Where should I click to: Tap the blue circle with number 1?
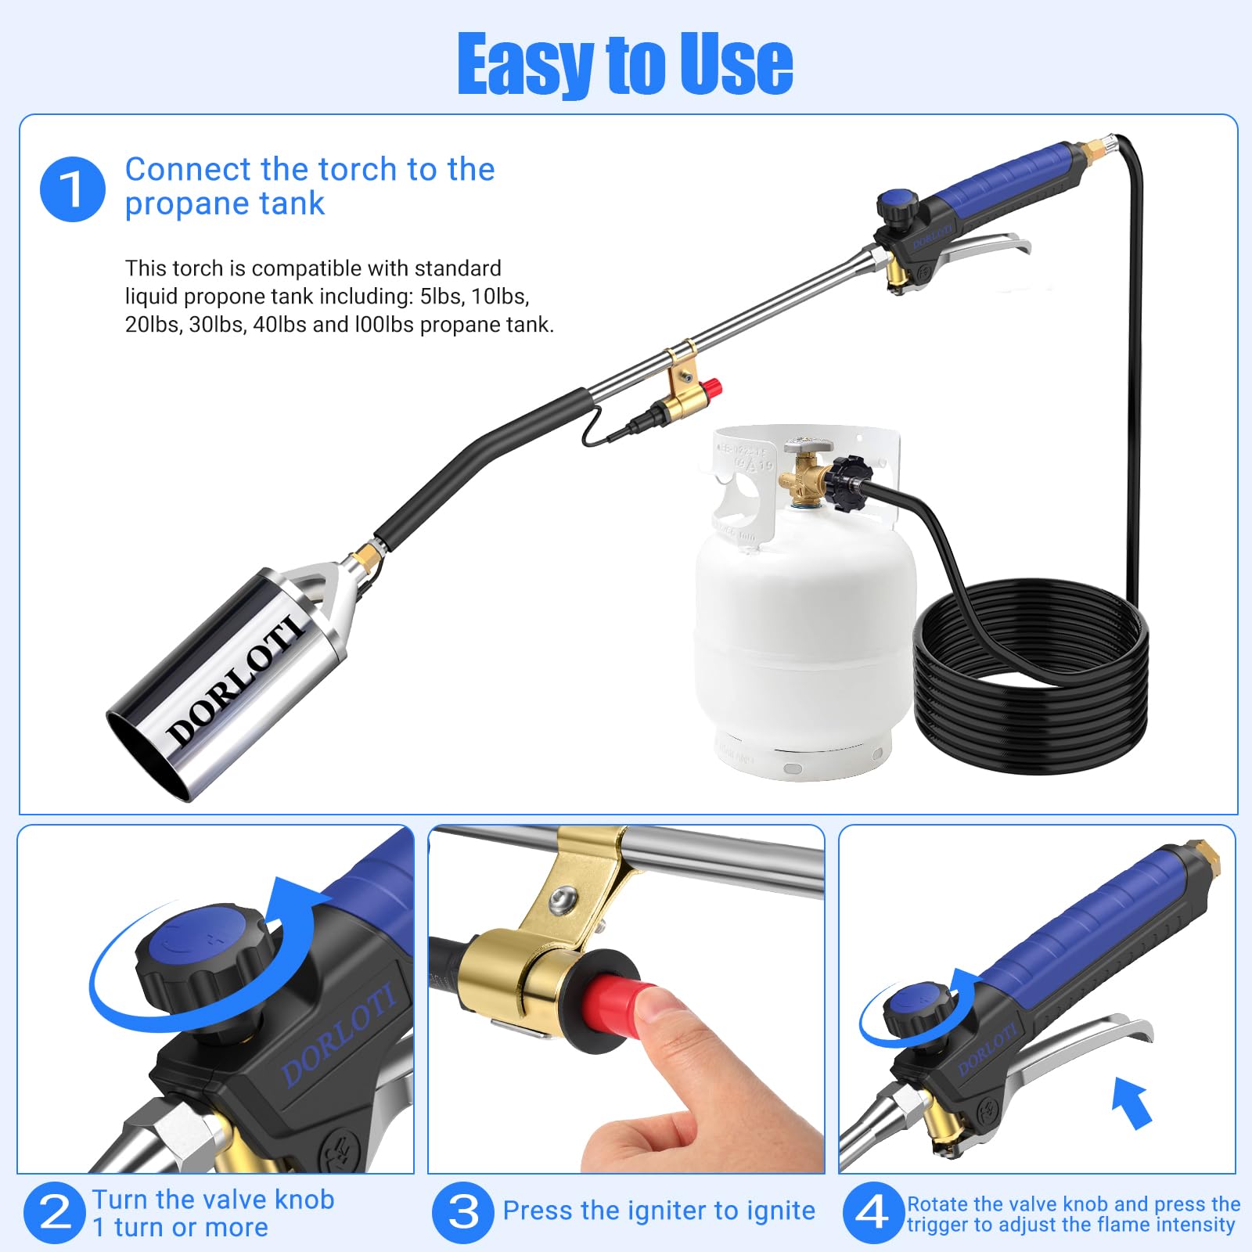tap(72, 189)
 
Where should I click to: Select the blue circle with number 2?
tap(54, 1212)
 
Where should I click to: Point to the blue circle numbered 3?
tap(463, 1212)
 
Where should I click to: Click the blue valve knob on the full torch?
tap(897, 205)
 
